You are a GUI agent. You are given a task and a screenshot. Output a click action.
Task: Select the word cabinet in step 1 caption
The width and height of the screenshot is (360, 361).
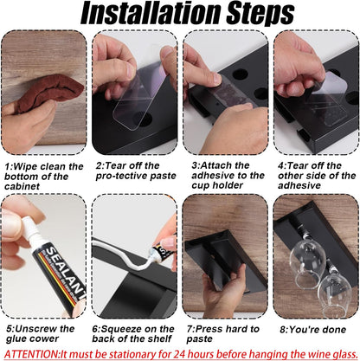pos(22,186)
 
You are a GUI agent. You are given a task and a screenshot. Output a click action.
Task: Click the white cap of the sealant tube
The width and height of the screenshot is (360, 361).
pos(29,229)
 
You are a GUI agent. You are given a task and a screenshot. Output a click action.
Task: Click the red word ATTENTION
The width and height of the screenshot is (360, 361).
pos(32,354)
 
